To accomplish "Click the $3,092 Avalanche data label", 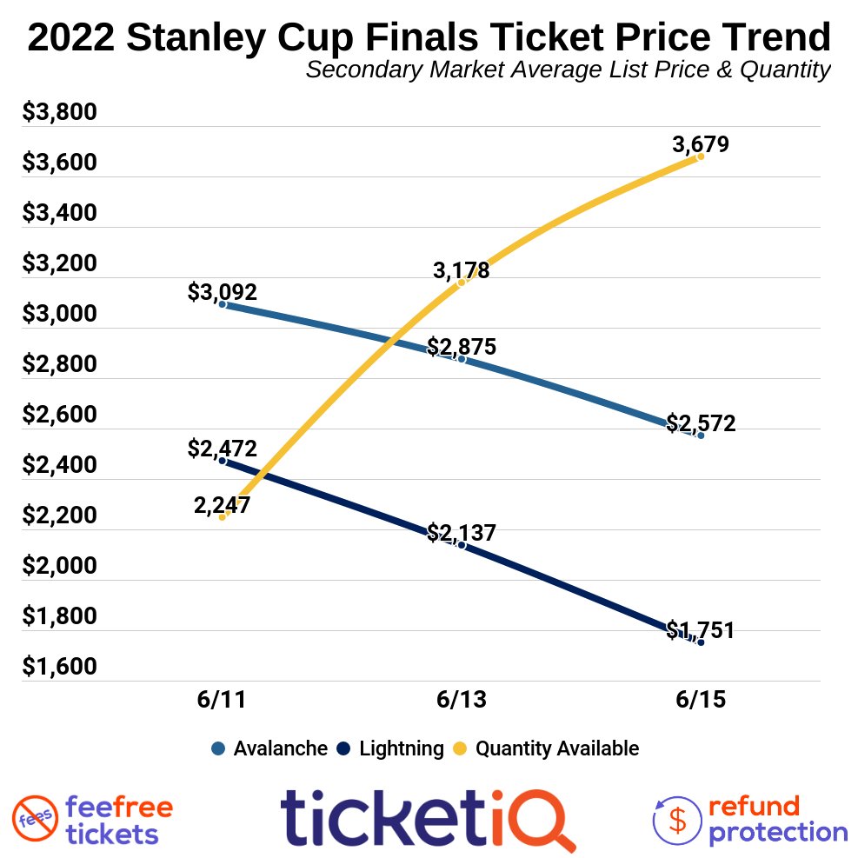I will (223, 292).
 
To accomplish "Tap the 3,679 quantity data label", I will (701, 144).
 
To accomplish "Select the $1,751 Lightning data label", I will (701, 630).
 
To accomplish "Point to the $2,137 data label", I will (462, 532).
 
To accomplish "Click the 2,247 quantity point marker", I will (223, 517).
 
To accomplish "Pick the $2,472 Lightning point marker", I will (223, 461).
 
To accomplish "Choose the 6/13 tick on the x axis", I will (462, 701).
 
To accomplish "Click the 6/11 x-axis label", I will (223, 701).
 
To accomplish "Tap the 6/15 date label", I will (701, 701).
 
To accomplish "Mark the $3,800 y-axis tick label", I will (60, 113).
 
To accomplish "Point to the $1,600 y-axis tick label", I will (60, 667).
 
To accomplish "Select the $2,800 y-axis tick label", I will (60, 364).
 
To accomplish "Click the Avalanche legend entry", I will (269, 748).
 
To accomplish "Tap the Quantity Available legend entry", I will (547, 748).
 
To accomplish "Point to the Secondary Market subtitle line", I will (568, 70).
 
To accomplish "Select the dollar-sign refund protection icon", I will (675, 819).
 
